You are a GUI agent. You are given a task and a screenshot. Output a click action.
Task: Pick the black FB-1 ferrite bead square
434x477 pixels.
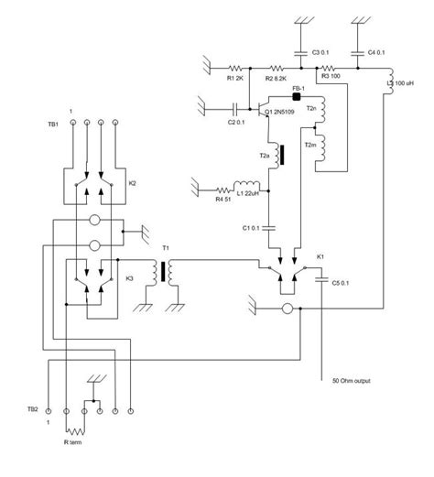click(x=296, y=95)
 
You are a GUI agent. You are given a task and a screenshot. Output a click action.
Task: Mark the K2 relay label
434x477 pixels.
click(x=132, y=183)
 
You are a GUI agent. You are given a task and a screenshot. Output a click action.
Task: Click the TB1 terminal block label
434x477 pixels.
click(x=52, y=124)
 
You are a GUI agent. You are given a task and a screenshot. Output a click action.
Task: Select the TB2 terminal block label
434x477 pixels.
click(x=32, y=409)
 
